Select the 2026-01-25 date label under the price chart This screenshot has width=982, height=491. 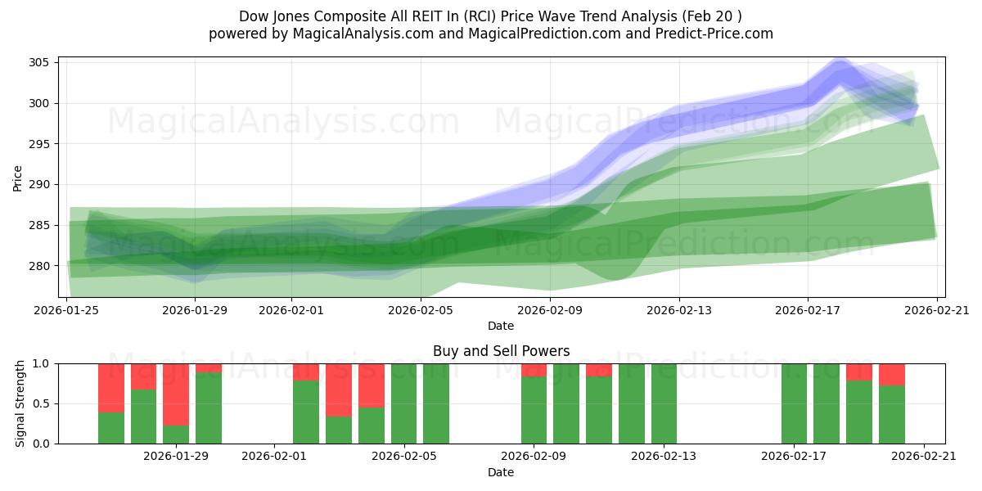pyautogui.click(x=66, y=310)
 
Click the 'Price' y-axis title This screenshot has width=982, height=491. pyautogui.click(x=18, y=177)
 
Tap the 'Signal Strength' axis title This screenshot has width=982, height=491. pyautogui.click(x=21, y=403)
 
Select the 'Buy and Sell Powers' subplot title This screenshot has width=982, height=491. pyautogui.click(x=501, y=351)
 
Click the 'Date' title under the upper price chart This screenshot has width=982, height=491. pyautogui.click(x=501, y=326)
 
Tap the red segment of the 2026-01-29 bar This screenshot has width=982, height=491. pyautogui.click(x=176, y=394)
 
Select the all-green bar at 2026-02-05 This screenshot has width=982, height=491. pyautogui.click(x=404, y=403)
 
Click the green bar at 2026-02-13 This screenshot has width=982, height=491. pyautogui.click(x=664, y=403)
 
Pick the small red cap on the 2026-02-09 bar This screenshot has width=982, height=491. pyautogui.click(x=534, y=370)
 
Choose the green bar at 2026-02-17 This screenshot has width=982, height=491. pyautogui.click(x=794, y=403)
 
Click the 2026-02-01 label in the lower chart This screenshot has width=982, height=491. pyautogui.click(x=273, y=457)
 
